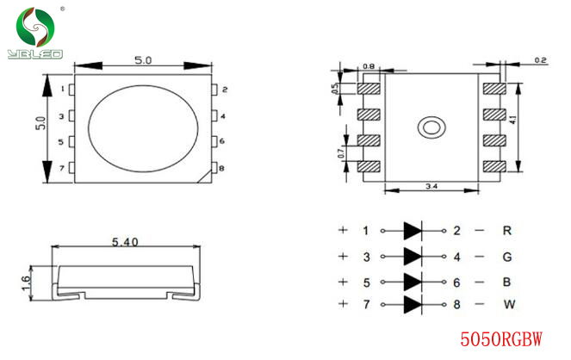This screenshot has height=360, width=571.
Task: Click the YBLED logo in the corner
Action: [x=35, y=33]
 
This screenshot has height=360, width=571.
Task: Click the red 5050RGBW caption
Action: [x=501, y=339]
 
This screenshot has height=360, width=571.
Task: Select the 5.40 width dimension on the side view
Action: [x=125, y=242]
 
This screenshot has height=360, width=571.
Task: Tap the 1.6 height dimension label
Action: [x=26, y=282]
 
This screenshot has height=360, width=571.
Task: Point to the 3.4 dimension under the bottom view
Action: [x=431, y=186]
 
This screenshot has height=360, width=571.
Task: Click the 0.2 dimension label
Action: [x=540, y=60]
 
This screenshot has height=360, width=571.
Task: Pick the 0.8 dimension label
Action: [x=369, y=66]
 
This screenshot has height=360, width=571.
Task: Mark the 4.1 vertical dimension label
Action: [x=513, y=120]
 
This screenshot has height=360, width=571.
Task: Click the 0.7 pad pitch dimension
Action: [x=341, y=153]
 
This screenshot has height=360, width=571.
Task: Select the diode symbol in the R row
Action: [x=413, y=231]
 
